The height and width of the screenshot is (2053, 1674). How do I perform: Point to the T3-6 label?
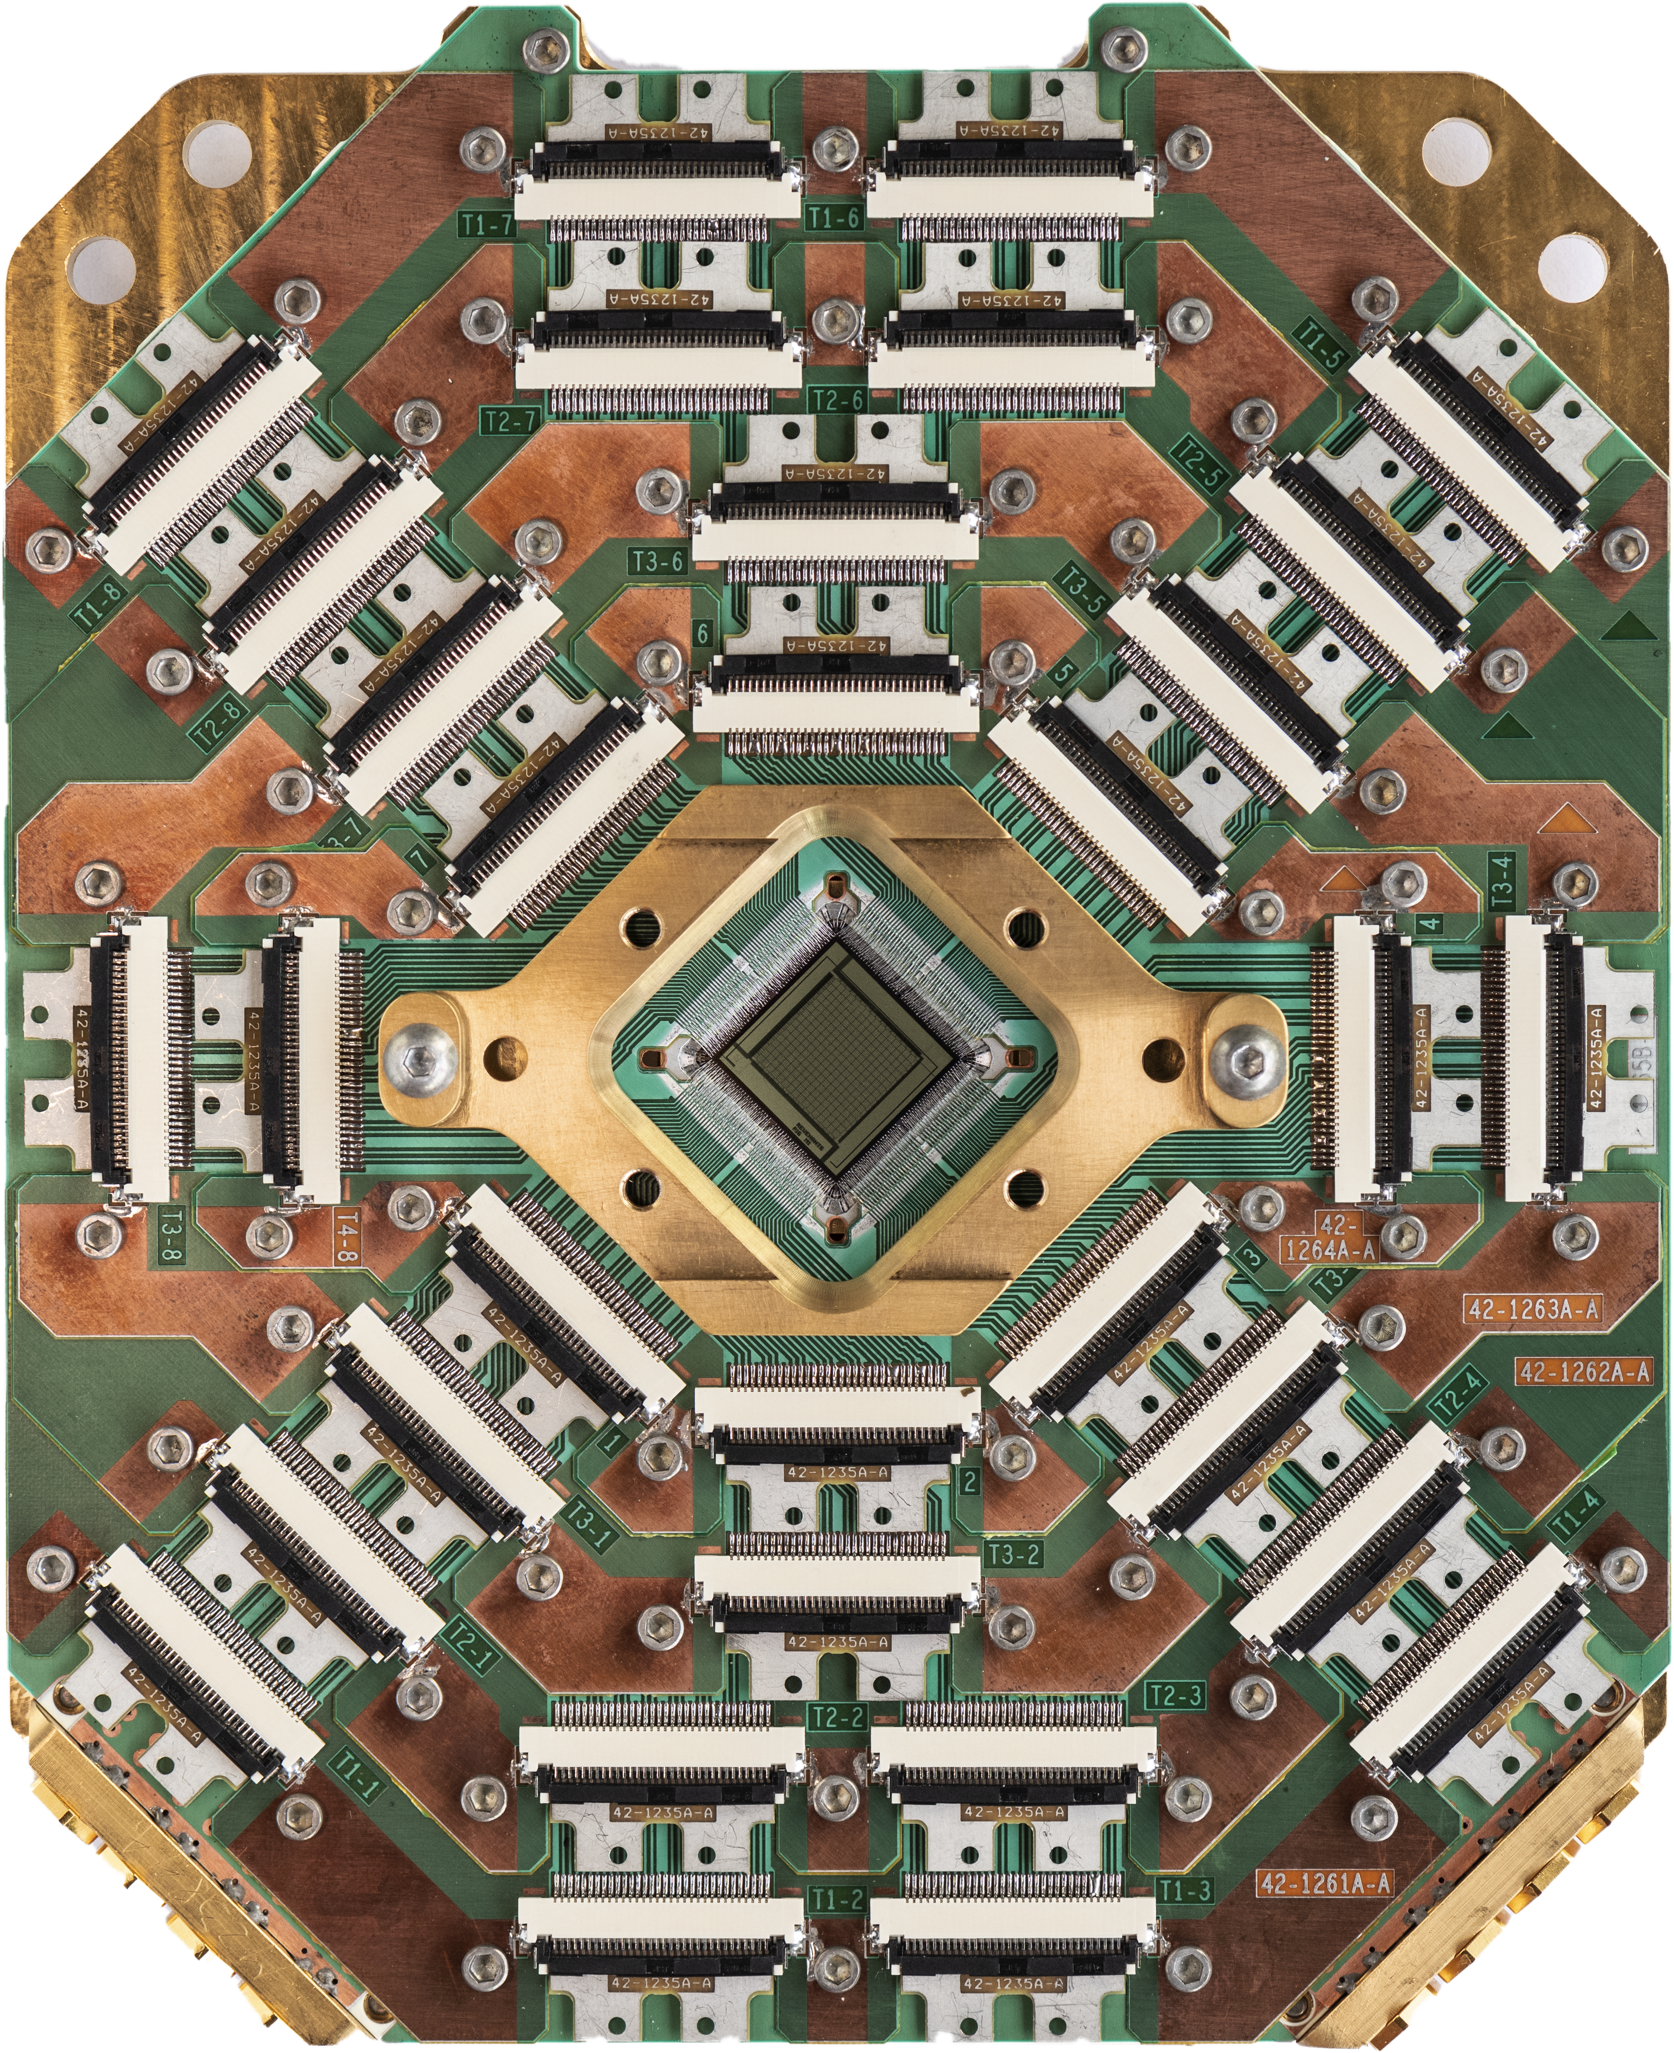pyautogui.click(x=658, y=561)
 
